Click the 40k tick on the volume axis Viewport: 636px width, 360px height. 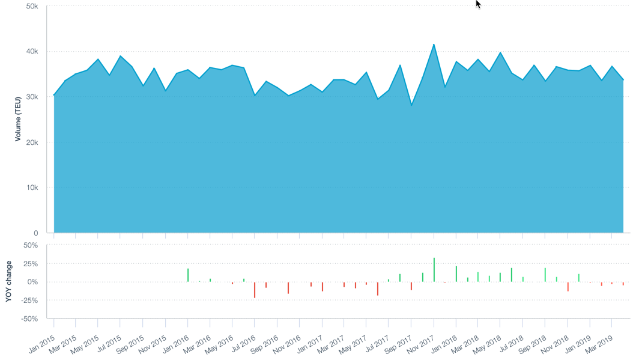(x=32, y=52)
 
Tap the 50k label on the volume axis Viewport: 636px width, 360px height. (x=32, y=6)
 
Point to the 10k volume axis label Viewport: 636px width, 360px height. (x=32, y=188)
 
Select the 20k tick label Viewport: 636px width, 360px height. (x=32, y=142)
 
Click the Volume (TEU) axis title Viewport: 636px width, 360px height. (x=18, y=119)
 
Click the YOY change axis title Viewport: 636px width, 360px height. (x=9, y=281)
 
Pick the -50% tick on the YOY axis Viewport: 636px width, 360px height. (x=30, y=319)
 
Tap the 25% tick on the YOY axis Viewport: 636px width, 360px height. (x=31, y=264)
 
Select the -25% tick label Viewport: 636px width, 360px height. (x=30, y=301)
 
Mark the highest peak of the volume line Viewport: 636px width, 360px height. (x=434, y=44)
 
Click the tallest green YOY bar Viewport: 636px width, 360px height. (x=434, y=270)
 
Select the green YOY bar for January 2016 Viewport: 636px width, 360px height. (x=188, y=275)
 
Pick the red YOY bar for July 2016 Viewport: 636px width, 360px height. (x=255, y=290)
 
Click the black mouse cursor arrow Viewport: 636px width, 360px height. (x=478, y=4)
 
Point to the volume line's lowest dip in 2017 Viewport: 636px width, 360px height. (x=411, y=105)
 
